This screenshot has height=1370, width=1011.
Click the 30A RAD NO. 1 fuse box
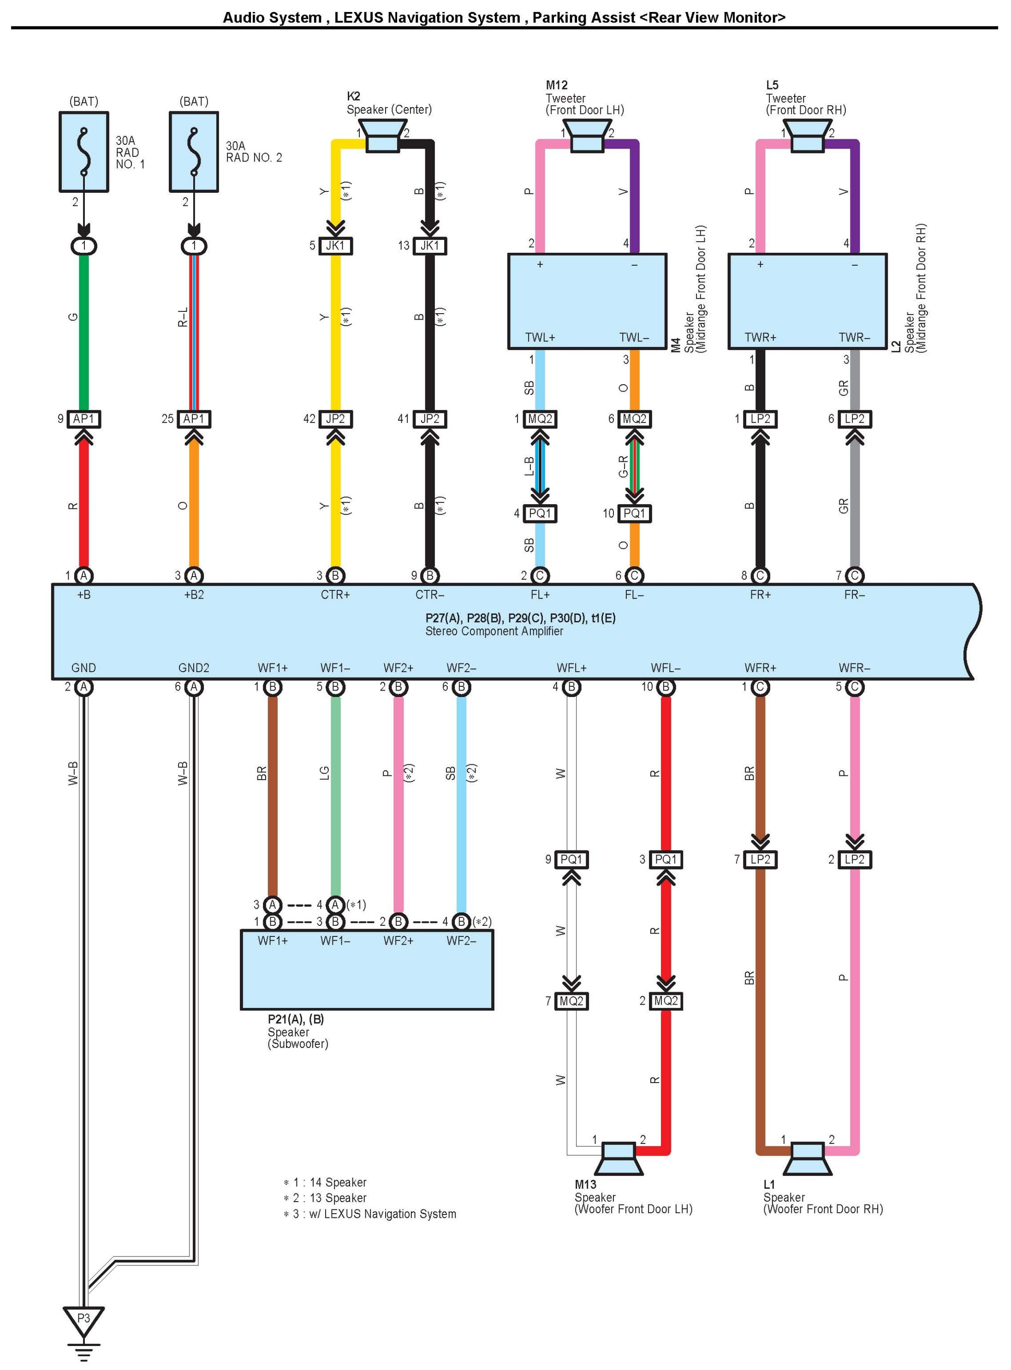84,152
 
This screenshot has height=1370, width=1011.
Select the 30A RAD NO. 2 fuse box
194,152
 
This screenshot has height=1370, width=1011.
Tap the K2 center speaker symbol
382,136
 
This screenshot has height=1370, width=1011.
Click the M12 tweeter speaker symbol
587,136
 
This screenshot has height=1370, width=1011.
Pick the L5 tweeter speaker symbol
807,136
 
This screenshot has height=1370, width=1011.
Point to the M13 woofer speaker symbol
618,1158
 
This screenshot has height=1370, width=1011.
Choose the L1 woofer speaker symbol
807,1158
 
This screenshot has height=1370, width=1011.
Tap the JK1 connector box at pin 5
335,246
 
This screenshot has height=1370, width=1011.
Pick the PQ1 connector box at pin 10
635,513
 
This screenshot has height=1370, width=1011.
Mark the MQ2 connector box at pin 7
571,1001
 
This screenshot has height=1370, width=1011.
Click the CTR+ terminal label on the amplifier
335,595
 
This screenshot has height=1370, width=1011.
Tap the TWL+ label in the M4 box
541,338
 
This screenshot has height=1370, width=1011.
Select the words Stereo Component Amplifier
494,631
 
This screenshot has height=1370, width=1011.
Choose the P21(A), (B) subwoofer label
296,1019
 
